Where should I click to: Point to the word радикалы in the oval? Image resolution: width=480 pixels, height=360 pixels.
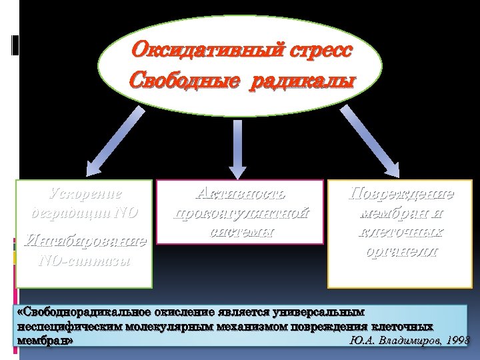pyautogui.click(x=303, y=81)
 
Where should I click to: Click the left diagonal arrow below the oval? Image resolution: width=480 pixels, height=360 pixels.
pyautogui.click(x=121, y=139)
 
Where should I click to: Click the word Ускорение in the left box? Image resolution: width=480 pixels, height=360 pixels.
pyautogui.click(x=86, y=194)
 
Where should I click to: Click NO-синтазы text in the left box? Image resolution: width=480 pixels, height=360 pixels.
pyautogui.click(x=85, y=260)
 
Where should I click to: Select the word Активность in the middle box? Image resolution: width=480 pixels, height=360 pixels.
pyautogui.click(x=240, y=194)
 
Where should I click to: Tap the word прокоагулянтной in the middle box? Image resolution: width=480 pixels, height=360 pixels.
pyautogui.click(x=240, y=213)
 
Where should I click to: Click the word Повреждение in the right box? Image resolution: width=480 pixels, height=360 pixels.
pyautogui.click(x=401, y=194)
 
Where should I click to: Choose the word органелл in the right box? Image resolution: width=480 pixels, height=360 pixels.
pyautogui.click(x=401, y=252)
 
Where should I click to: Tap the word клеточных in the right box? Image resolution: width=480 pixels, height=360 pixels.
pyautogui.click(x=401, y=233)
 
